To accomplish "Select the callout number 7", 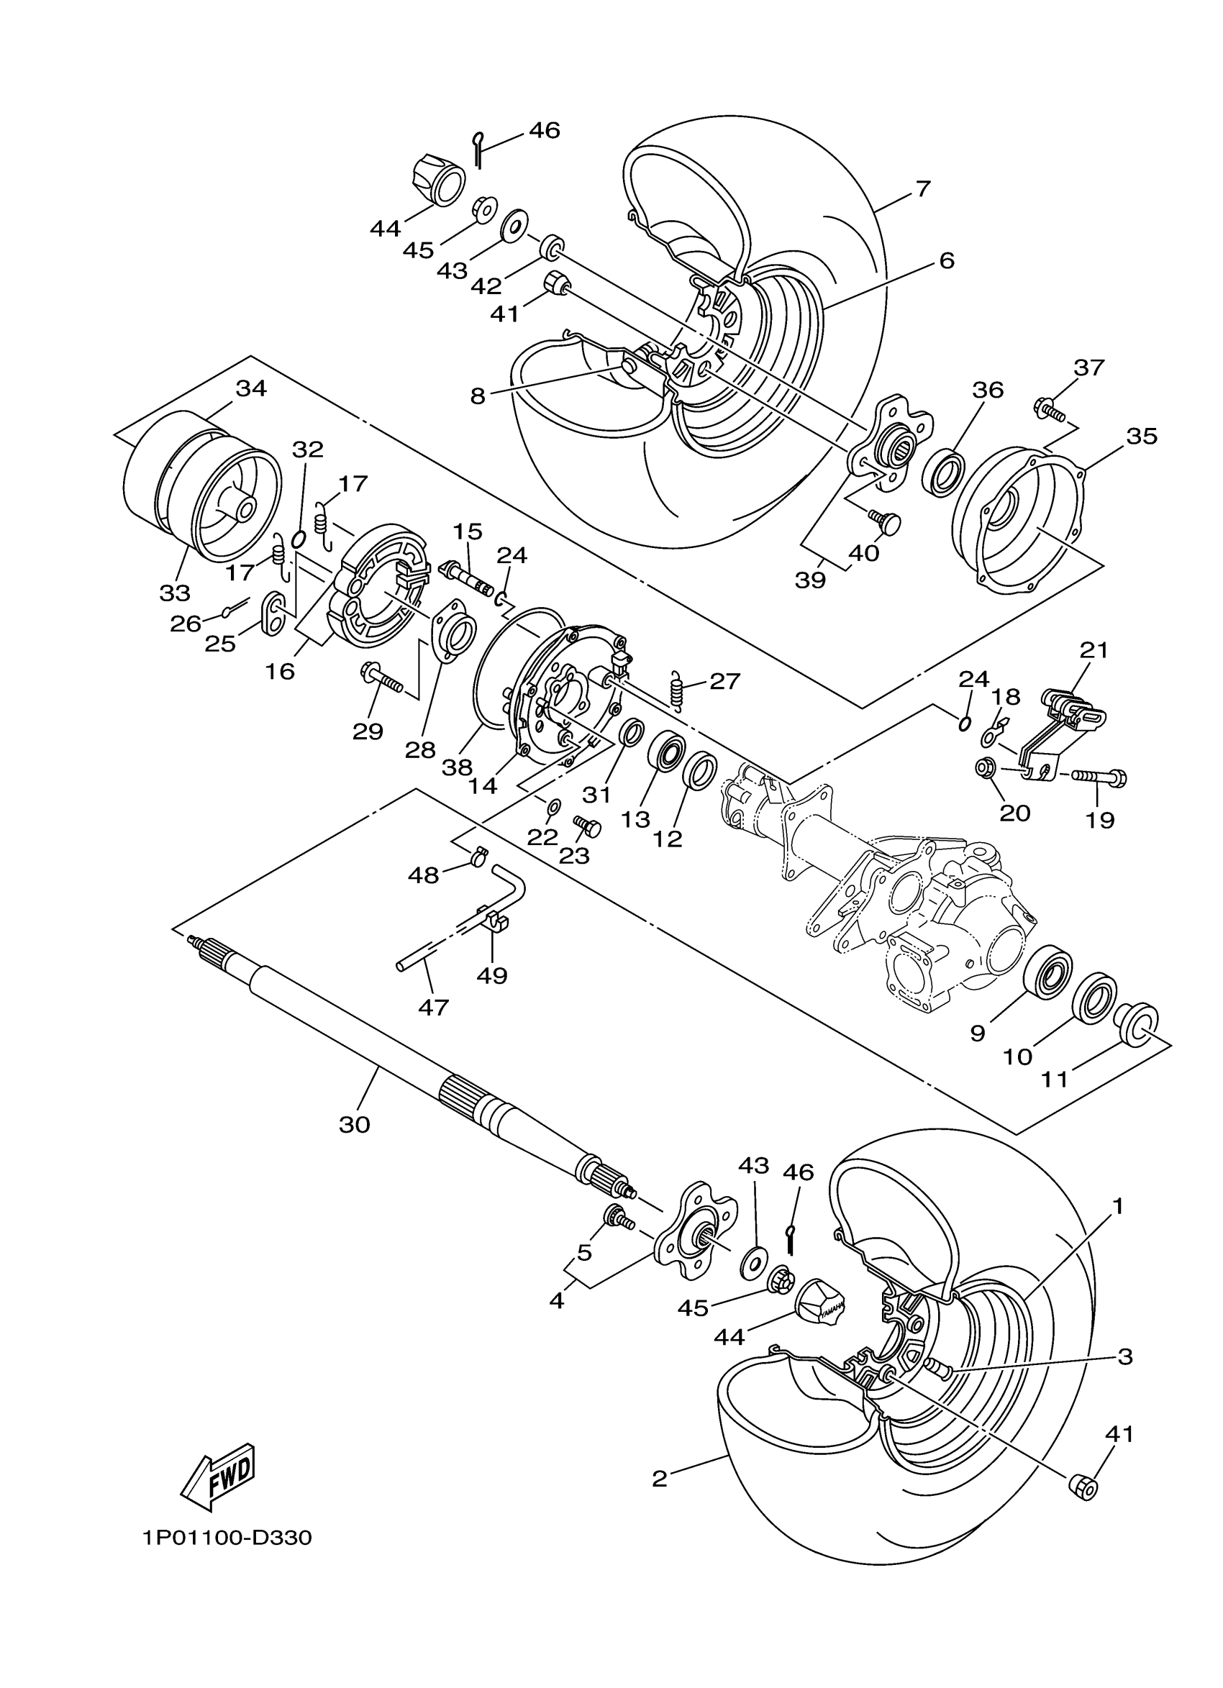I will click(922, 189).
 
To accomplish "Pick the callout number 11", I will click(1054, 1080).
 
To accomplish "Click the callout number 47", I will click(433, 1008).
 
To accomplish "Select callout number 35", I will click(1142, 435).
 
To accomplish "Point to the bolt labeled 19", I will click(1099, 777).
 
